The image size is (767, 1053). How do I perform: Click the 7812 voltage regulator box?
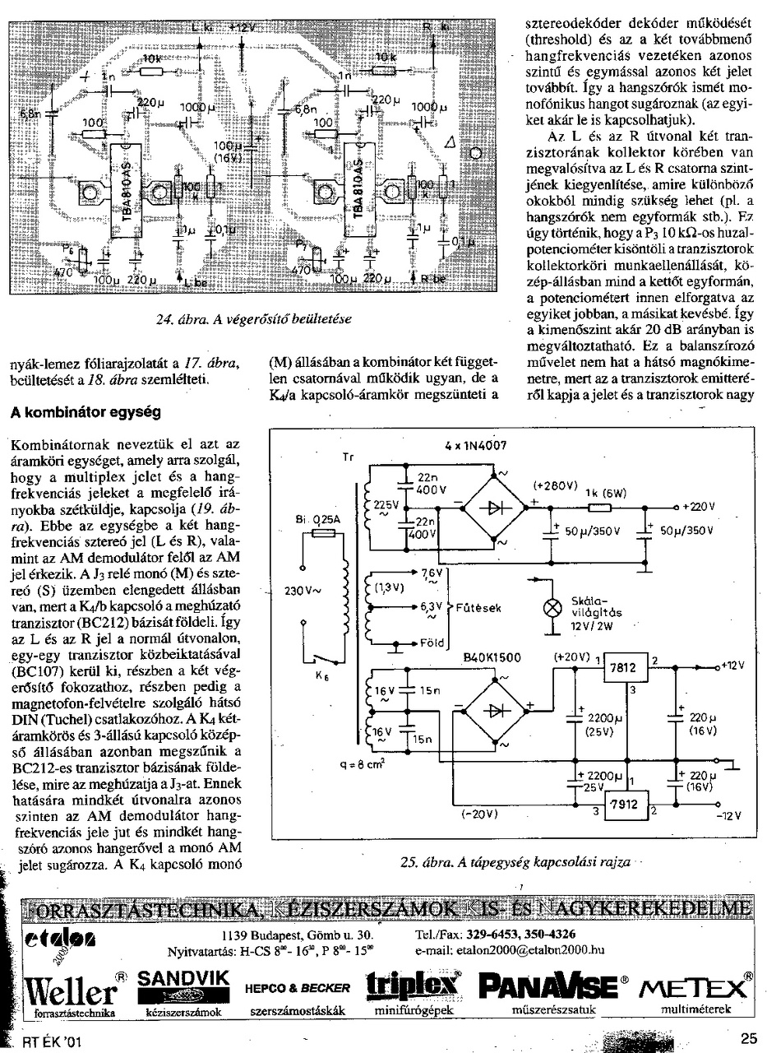[626, 669]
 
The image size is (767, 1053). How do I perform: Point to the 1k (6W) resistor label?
[606, 494]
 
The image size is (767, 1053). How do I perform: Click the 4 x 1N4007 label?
[476, 446]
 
